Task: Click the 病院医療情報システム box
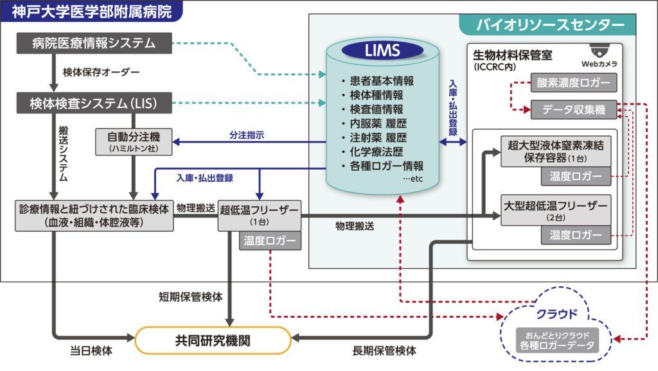(94, 43)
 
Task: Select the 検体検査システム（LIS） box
(94, 103)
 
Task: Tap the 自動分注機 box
(134, 141)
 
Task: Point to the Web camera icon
(600, 51)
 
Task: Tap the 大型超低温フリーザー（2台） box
(556, 211)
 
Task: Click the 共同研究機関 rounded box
(213, 340)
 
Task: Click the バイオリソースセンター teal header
(550, 25)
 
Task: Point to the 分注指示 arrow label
(247, 135)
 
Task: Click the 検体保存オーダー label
(101, 72)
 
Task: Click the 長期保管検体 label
(384, 351)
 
